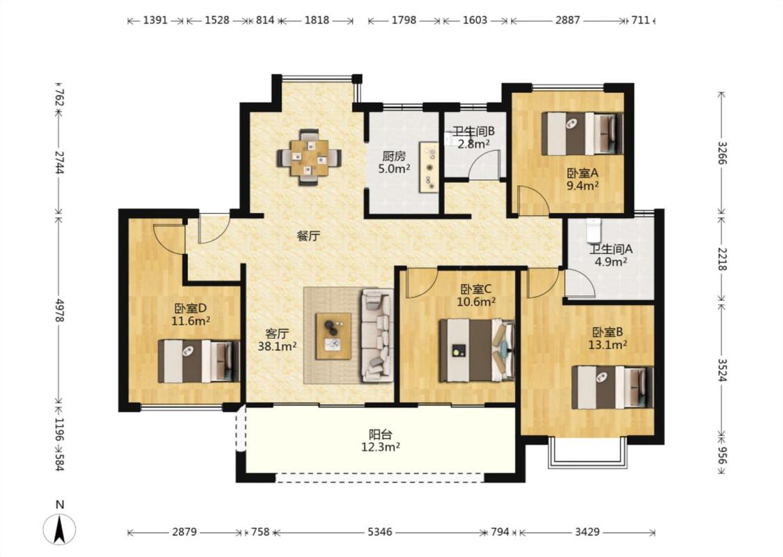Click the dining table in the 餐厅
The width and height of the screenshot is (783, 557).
[310, 157]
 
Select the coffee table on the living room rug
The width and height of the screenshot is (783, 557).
[333, 336]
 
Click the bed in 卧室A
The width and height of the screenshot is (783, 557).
[583, 134]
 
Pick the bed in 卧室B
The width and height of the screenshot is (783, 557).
[612, 387]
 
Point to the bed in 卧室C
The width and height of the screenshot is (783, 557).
[477, 350]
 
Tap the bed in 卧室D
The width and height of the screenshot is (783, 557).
[199, 361]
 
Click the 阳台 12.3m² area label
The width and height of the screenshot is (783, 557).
[381, 441]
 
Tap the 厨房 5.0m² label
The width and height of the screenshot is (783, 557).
[394, 162]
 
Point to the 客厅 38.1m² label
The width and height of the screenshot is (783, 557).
[277, 339]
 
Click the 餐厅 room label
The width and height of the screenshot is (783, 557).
[308, 236]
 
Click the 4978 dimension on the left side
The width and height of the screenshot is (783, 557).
[59, 311]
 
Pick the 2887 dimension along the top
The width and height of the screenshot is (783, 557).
[568, 20]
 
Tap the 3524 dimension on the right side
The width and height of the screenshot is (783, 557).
[722, 370]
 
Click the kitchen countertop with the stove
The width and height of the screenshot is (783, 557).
[429, 167]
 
